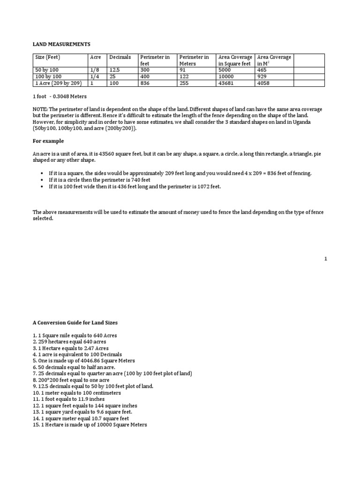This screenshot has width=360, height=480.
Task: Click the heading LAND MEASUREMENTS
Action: tap(61, 44)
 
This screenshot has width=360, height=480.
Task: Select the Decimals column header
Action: tap(120, 57)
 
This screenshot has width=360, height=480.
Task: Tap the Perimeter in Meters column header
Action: tap(194, 60)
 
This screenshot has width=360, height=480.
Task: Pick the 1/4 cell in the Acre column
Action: tap(94, 76)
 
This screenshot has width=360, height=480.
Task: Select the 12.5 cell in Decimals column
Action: tap(115, 70)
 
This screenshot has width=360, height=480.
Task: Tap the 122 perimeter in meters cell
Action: tap(184, 76)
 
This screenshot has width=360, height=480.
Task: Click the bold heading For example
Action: tap(48, 141)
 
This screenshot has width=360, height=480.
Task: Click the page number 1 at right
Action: tap(325, 258)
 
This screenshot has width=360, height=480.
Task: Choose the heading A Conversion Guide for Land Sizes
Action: tap(75, 322)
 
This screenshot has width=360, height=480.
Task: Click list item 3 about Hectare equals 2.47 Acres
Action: tap(70, 348)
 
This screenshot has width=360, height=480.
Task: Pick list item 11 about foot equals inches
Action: tap(68, 399)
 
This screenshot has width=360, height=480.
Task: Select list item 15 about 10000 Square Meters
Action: tap(90, 425)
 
